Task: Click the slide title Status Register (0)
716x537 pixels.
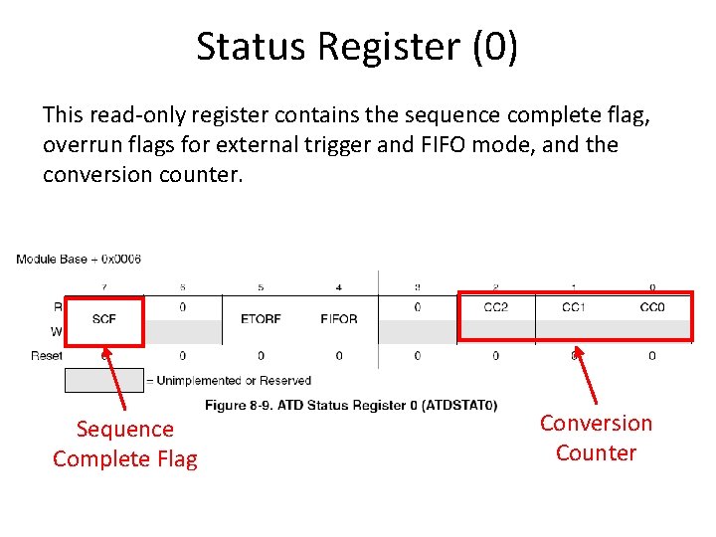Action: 357,47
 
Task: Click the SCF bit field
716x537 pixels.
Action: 103,319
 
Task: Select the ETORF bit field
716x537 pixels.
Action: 261,319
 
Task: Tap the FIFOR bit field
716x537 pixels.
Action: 339,319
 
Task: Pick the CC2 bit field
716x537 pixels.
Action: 495,307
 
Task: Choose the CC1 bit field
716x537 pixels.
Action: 574,307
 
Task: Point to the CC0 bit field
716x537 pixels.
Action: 652,307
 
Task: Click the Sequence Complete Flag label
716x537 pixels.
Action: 125,444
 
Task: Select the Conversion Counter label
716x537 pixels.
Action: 596,438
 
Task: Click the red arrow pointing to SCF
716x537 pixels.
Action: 115,378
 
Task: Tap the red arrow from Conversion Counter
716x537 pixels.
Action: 586,373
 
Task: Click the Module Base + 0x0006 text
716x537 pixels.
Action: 79,260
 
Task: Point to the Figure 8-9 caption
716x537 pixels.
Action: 351,405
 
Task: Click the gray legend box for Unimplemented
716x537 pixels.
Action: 103,380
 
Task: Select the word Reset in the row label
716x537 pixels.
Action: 46,355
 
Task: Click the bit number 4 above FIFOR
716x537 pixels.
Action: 339,287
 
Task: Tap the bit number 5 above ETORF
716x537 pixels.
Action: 261,287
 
